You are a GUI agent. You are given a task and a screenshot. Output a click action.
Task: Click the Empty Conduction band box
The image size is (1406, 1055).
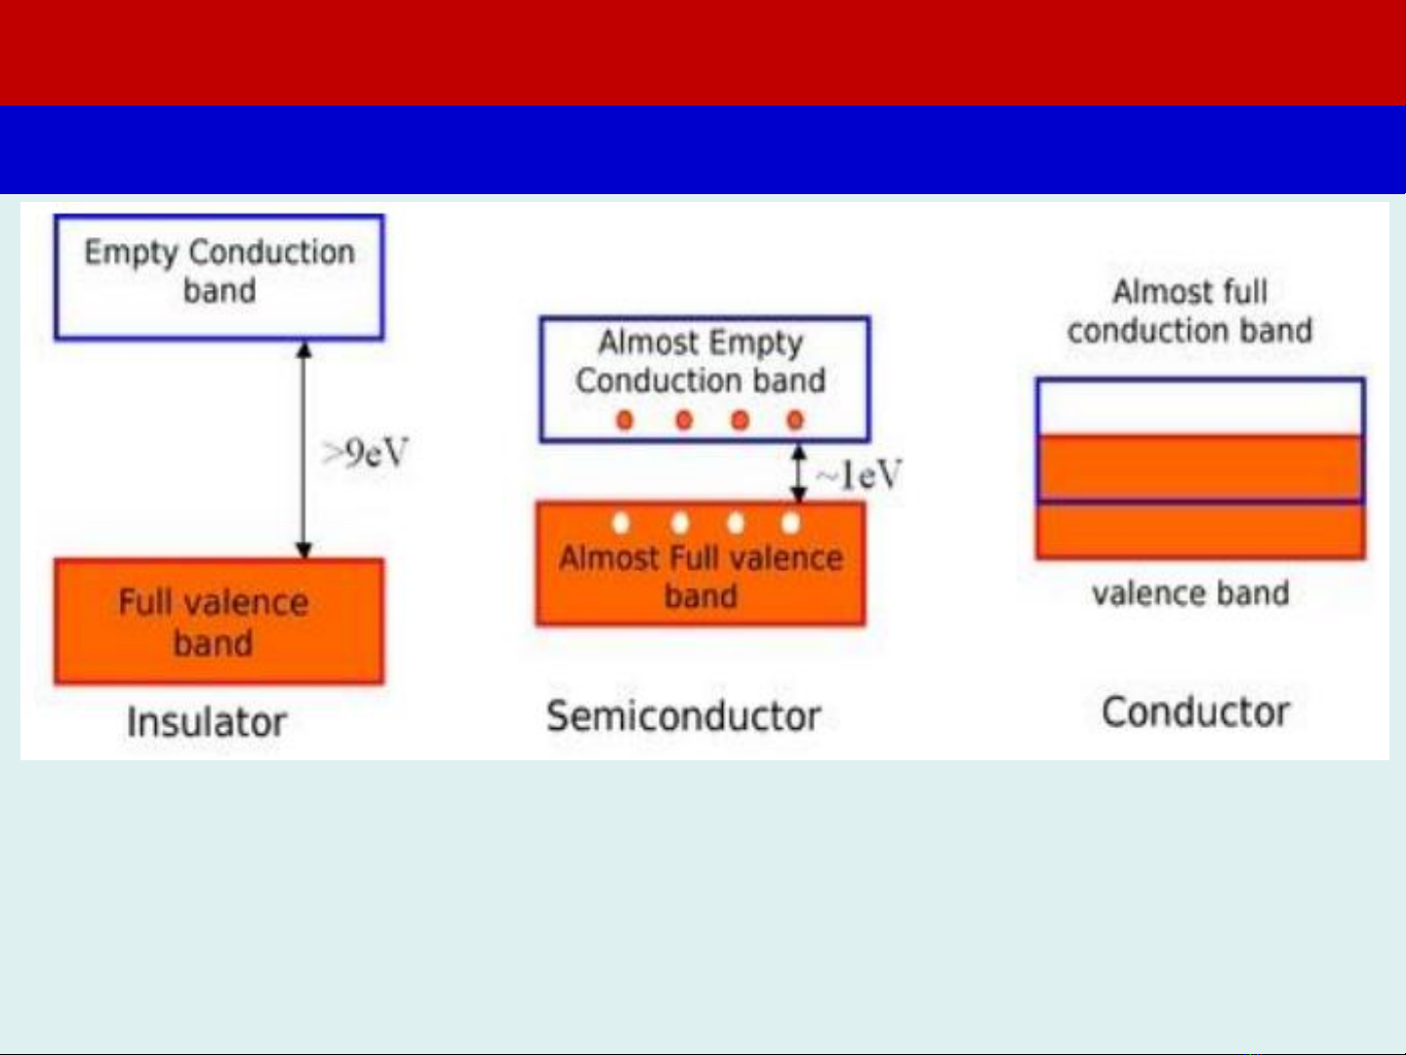click(219, 277)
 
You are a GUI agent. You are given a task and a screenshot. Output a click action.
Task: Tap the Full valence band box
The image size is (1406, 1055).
click(219, 622)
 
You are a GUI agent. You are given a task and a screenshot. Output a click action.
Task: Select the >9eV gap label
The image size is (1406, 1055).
click(366, 454)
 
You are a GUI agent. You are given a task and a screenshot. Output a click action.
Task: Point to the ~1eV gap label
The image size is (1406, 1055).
click(859, 475)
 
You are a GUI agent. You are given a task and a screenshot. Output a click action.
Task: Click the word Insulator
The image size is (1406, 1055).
click(207, 722)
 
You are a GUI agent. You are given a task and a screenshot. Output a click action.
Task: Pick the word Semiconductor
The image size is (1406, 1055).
click(683, 716)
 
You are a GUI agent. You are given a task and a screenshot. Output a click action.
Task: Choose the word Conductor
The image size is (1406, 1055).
click(1195, 711)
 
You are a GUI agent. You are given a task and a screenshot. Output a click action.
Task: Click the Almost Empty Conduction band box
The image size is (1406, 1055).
click(703, 379)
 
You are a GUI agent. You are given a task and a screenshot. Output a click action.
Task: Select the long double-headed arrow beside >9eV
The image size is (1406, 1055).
click(303, 449)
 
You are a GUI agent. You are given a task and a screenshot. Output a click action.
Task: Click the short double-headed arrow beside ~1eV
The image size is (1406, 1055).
click(798, 473)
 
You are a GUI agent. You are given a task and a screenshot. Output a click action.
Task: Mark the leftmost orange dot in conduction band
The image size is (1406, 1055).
click(624, 421)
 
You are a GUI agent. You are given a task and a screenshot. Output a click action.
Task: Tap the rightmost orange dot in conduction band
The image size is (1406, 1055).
click(795, 421)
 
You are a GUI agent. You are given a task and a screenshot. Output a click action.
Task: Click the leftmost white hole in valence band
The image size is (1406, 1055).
click(622, 523)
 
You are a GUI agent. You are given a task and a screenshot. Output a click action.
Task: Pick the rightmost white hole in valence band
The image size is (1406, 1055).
click(791, 523)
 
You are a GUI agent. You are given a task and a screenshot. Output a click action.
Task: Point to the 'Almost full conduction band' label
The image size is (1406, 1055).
click(1189, 311)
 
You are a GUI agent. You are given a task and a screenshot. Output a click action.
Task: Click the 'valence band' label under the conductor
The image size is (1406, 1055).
click(1190, 593)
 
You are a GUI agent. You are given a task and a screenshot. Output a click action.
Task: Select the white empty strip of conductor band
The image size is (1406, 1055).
click(1200, 408)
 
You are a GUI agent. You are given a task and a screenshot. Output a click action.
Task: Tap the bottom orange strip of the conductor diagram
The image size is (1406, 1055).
click(1200, 532)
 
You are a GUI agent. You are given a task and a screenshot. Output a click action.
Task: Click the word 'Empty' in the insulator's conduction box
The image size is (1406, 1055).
click(131, 253)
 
